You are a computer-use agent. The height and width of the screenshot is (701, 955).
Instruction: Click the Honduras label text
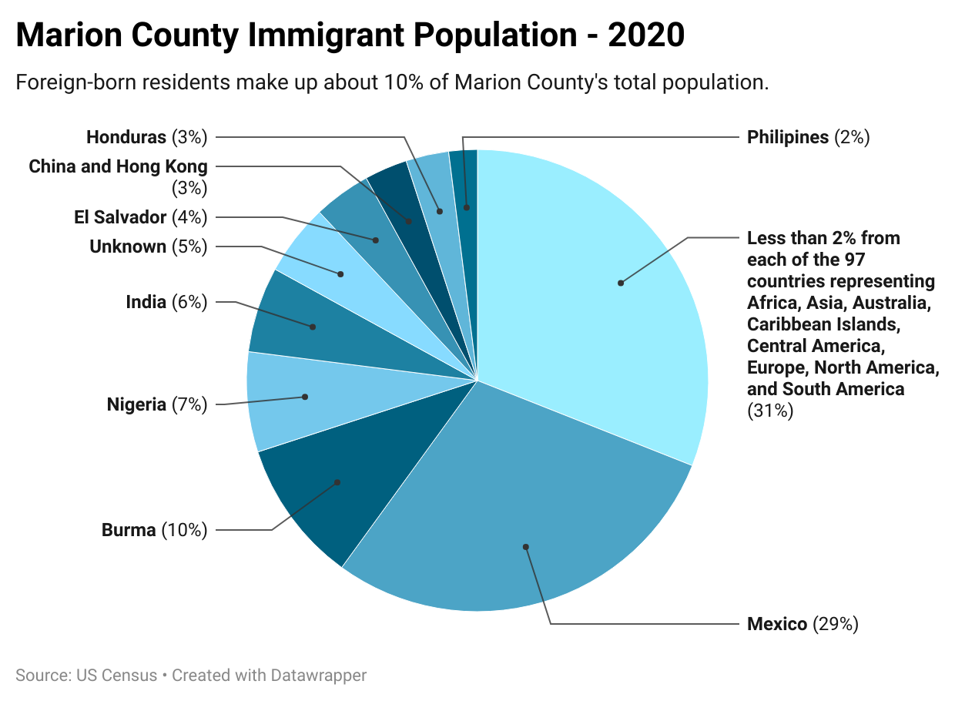click(x=126, y=138)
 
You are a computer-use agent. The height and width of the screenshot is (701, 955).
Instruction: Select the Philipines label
click(x=788, y=138)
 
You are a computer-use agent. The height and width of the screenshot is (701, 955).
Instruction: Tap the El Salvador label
click(x=120, y=218)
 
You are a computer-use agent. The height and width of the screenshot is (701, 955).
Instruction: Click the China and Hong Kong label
click(x=118, y=166)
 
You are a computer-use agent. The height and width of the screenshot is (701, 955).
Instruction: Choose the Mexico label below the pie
click(x=777, y=624)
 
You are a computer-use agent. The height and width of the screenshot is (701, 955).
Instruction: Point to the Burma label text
click(x=129, y=531)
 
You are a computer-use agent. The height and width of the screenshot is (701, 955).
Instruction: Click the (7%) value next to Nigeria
click(x=189, y=404)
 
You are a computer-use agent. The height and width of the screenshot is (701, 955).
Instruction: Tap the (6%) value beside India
click(x=189, y=303)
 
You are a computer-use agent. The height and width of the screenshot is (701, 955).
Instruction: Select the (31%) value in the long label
click(x=770, y=411)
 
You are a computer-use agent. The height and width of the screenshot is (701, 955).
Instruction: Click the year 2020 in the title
click(x=645, y=36)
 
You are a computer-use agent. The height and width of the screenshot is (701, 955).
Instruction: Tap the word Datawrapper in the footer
click(x=318, y=676)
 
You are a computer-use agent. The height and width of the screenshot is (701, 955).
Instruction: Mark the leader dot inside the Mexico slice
click(x=526, y=547)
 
